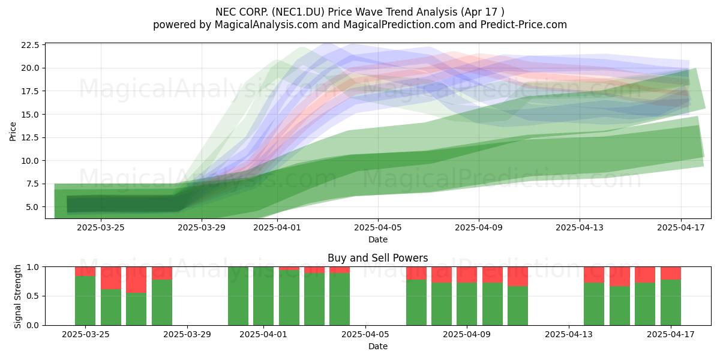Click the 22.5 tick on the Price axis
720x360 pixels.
tap(30, 45)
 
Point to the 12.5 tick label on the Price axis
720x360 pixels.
tap(30, 137)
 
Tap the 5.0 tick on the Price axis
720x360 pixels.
tap(32, 207)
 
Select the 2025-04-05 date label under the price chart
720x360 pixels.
tap(378, 227)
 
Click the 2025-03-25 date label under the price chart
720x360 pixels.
tap(101, 227)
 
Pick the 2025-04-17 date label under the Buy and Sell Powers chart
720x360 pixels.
tap(671, 334)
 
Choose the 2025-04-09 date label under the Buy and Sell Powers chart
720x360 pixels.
tap(467, 334)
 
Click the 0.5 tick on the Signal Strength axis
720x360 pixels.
tap(32, 296)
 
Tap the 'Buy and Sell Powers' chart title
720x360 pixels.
tap(377, 258)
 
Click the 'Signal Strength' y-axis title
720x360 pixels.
tap(17, 296)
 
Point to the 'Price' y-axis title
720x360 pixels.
tap(13, 131)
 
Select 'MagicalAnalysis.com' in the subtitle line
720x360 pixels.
tap(266, 25)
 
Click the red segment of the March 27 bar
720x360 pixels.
tap(136, 280)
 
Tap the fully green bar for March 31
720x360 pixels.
tap(238, 296)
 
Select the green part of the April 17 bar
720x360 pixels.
tap(671, 302)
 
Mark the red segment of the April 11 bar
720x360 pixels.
tap(518, 277)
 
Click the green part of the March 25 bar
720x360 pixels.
tap(85, 301)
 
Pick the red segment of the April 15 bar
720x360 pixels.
tap(620, 277)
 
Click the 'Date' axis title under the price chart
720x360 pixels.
tap(378, 239)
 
